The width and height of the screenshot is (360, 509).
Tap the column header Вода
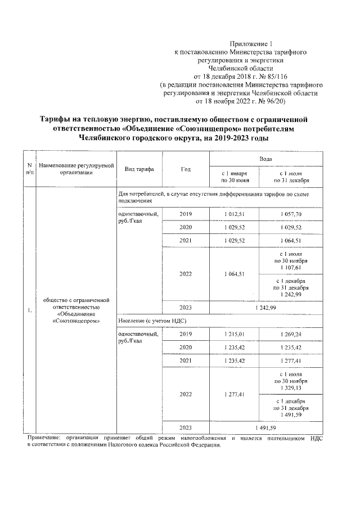[265, 159]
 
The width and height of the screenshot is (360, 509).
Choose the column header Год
[186, 169]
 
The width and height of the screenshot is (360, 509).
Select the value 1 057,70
[291, 214]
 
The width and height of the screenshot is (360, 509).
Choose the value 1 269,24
[291, 334]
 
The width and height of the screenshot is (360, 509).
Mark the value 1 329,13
[291, 388]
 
